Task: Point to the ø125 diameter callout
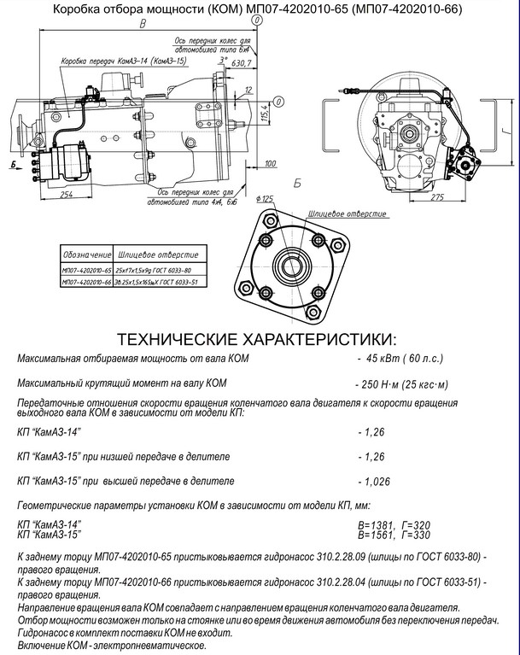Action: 265,199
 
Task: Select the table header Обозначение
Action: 86,255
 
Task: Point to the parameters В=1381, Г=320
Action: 394,523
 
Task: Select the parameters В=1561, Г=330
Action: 394,535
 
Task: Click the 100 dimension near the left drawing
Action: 271,163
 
